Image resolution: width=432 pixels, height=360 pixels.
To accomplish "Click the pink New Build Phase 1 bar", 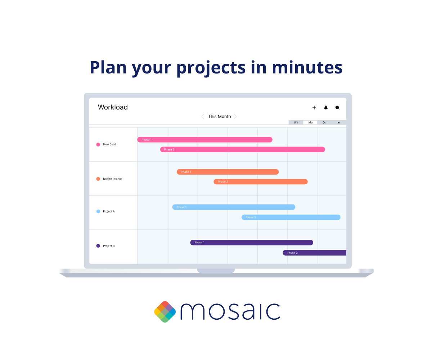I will (x=204, y=140).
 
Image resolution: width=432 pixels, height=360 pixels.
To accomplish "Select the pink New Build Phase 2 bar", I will (x=242, y=149).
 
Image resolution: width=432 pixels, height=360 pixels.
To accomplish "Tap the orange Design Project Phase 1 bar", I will (x=228, y=172).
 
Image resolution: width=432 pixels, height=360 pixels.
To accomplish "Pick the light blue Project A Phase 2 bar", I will (x=291, y=217).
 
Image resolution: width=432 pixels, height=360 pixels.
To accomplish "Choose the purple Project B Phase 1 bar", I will (x=251, y=243).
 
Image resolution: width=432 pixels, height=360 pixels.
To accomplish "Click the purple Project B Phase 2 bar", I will (x=314, y=253).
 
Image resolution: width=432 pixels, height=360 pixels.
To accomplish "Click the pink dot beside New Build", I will (x=98, y=144).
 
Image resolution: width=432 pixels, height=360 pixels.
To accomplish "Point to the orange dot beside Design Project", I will (x=98, y=179).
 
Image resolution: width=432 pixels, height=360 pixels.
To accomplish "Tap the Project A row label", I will (x=109, y=211).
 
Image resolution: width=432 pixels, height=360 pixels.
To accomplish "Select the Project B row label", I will (x=109, y=246).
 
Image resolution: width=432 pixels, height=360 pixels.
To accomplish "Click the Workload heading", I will (x=113, y=107).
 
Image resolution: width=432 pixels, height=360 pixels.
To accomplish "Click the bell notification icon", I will (x=326, y=108).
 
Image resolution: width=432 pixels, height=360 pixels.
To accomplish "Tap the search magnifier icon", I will (x=337, y=108).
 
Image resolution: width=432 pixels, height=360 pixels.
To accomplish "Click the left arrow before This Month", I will (x=203, y=116).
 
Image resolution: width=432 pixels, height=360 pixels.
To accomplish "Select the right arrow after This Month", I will (x=235, y=116).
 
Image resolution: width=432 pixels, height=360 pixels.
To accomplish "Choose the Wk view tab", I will (x=296, y=122).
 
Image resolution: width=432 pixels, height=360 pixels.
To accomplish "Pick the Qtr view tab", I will (x=325, y=122).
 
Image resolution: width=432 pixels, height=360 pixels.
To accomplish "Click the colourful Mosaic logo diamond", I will (x=165, y=312).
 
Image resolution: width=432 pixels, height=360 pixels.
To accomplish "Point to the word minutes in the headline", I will (x=307, y=67).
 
